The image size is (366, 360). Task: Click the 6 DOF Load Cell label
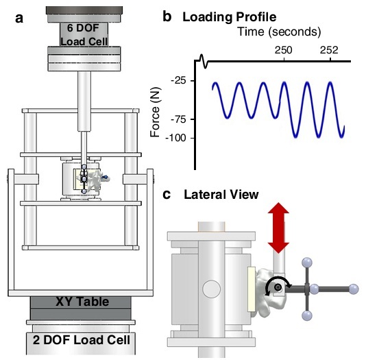coord(84,35)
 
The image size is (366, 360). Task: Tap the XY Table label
coord(82,302)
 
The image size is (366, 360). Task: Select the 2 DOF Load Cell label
coord(82,339)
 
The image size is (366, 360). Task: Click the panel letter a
coord(19,19)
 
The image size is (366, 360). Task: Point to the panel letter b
coord(167,16)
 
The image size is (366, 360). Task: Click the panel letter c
coord(167,195)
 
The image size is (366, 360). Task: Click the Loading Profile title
coord(230,17)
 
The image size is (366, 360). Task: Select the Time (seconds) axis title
coord(279,32)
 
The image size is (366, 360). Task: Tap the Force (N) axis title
coord(156,112)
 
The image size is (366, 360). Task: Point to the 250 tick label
coord(283,50)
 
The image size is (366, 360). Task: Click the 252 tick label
coord(329,50)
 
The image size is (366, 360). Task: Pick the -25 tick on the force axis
coord(179,81)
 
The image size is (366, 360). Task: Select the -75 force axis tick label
coord(179,119)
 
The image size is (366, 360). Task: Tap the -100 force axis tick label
coord(176,138)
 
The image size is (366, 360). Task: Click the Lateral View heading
coord(221,195)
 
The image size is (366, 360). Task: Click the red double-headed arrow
coord(278,228)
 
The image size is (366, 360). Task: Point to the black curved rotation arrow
coord(278,278)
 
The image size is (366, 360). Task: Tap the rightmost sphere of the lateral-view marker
coord(353,289)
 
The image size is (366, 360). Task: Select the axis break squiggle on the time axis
coord(203,61)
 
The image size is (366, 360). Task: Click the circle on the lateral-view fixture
coord(211,289)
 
